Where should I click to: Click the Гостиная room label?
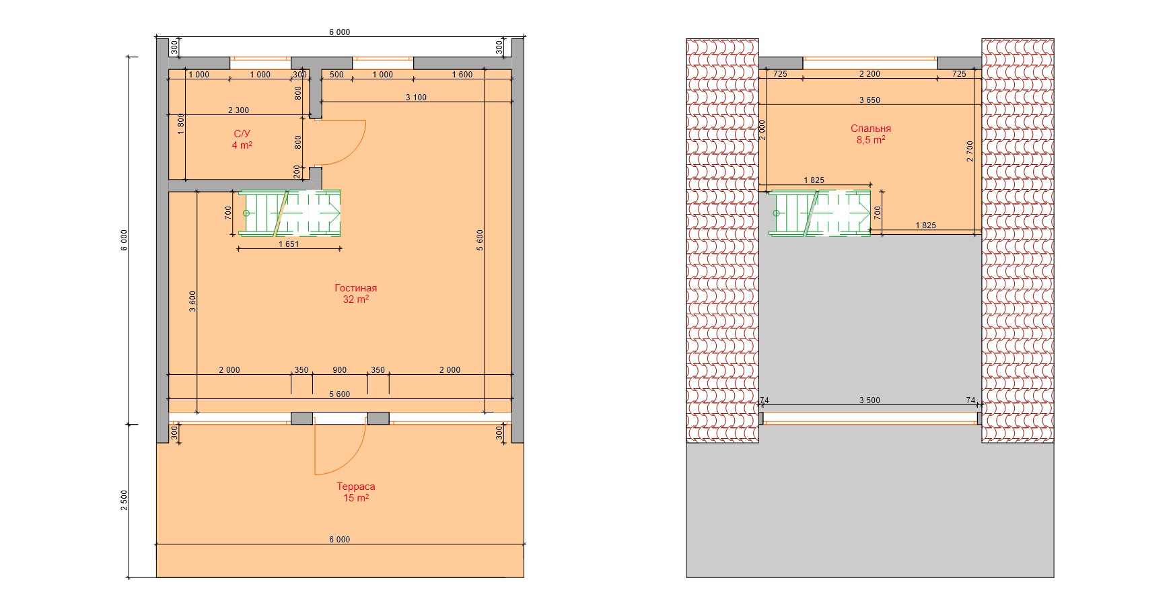pos(355,288)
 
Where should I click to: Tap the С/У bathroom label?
pos(242,134)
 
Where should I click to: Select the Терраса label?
pos(356,487)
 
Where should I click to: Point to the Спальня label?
pos(871,129)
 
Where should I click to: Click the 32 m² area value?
pos(355,299)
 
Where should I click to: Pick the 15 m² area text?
pos(356,498)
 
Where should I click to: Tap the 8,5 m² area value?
pos(871,140)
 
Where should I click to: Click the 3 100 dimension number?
pos(416,98)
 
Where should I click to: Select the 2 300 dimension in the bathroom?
pos(238,110)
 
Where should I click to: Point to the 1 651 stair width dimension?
pos(289,244)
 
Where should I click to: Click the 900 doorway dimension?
pos(340,370)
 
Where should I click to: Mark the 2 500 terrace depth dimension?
pos(124,500)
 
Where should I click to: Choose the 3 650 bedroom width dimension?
pos(869,100)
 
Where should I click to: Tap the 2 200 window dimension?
pos(869,74)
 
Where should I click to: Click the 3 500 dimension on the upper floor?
pos(869,400)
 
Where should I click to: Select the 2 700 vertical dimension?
pos(970,151)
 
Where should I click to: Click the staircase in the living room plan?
pos(289,213)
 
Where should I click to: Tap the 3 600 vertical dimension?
pos(192,302)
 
